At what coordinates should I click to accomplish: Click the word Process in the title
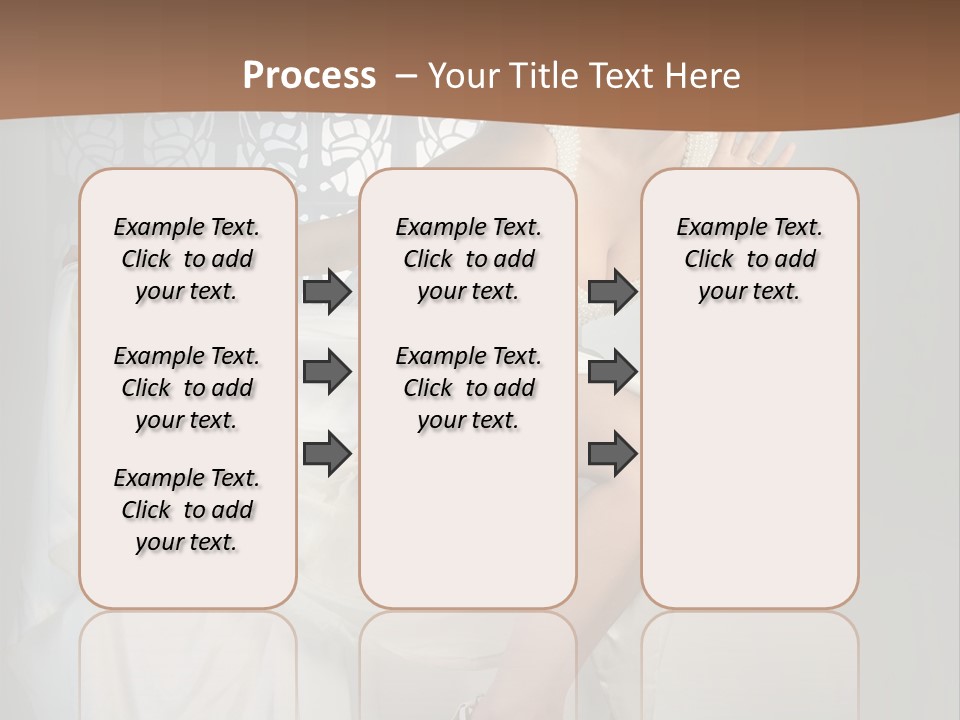(x=309, y=76)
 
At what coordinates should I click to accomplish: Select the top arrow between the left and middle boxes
(x=327, y=291)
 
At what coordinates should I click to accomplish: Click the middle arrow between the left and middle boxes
(x=327, y=372)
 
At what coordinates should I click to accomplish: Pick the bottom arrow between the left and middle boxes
(x=327, y=453)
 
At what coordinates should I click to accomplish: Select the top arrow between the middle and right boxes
(x=612, y=291)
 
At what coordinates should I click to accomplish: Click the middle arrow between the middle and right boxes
(x=612, y=372)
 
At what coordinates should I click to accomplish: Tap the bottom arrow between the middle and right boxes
(x=612, y=453)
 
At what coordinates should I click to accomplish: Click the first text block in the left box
(x=187, y=259)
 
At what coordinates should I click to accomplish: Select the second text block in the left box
(x=187, y=388)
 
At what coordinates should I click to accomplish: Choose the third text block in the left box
(x=187, y=510)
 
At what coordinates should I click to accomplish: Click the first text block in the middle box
(x=468, y=259)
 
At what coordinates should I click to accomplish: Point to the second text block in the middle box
(x=468, y=388)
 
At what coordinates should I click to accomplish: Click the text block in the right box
(x=749, y=259)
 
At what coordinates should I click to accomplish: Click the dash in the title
(x=406, y=76)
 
